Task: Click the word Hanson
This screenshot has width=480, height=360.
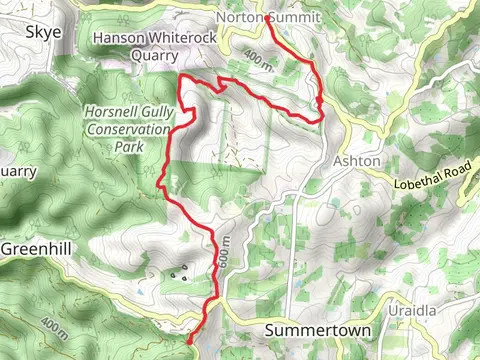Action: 118,38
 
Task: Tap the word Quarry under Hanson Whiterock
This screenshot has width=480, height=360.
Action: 154,56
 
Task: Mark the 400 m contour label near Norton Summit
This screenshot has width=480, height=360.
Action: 256,61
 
